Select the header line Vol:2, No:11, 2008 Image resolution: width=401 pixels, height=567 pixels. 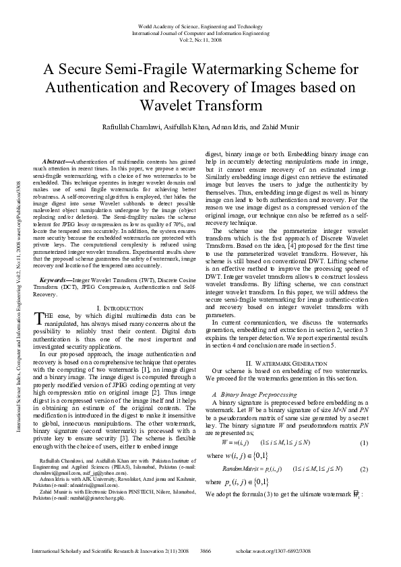200,38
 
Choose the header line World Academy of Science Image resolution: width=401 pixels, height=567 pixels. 200,25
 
